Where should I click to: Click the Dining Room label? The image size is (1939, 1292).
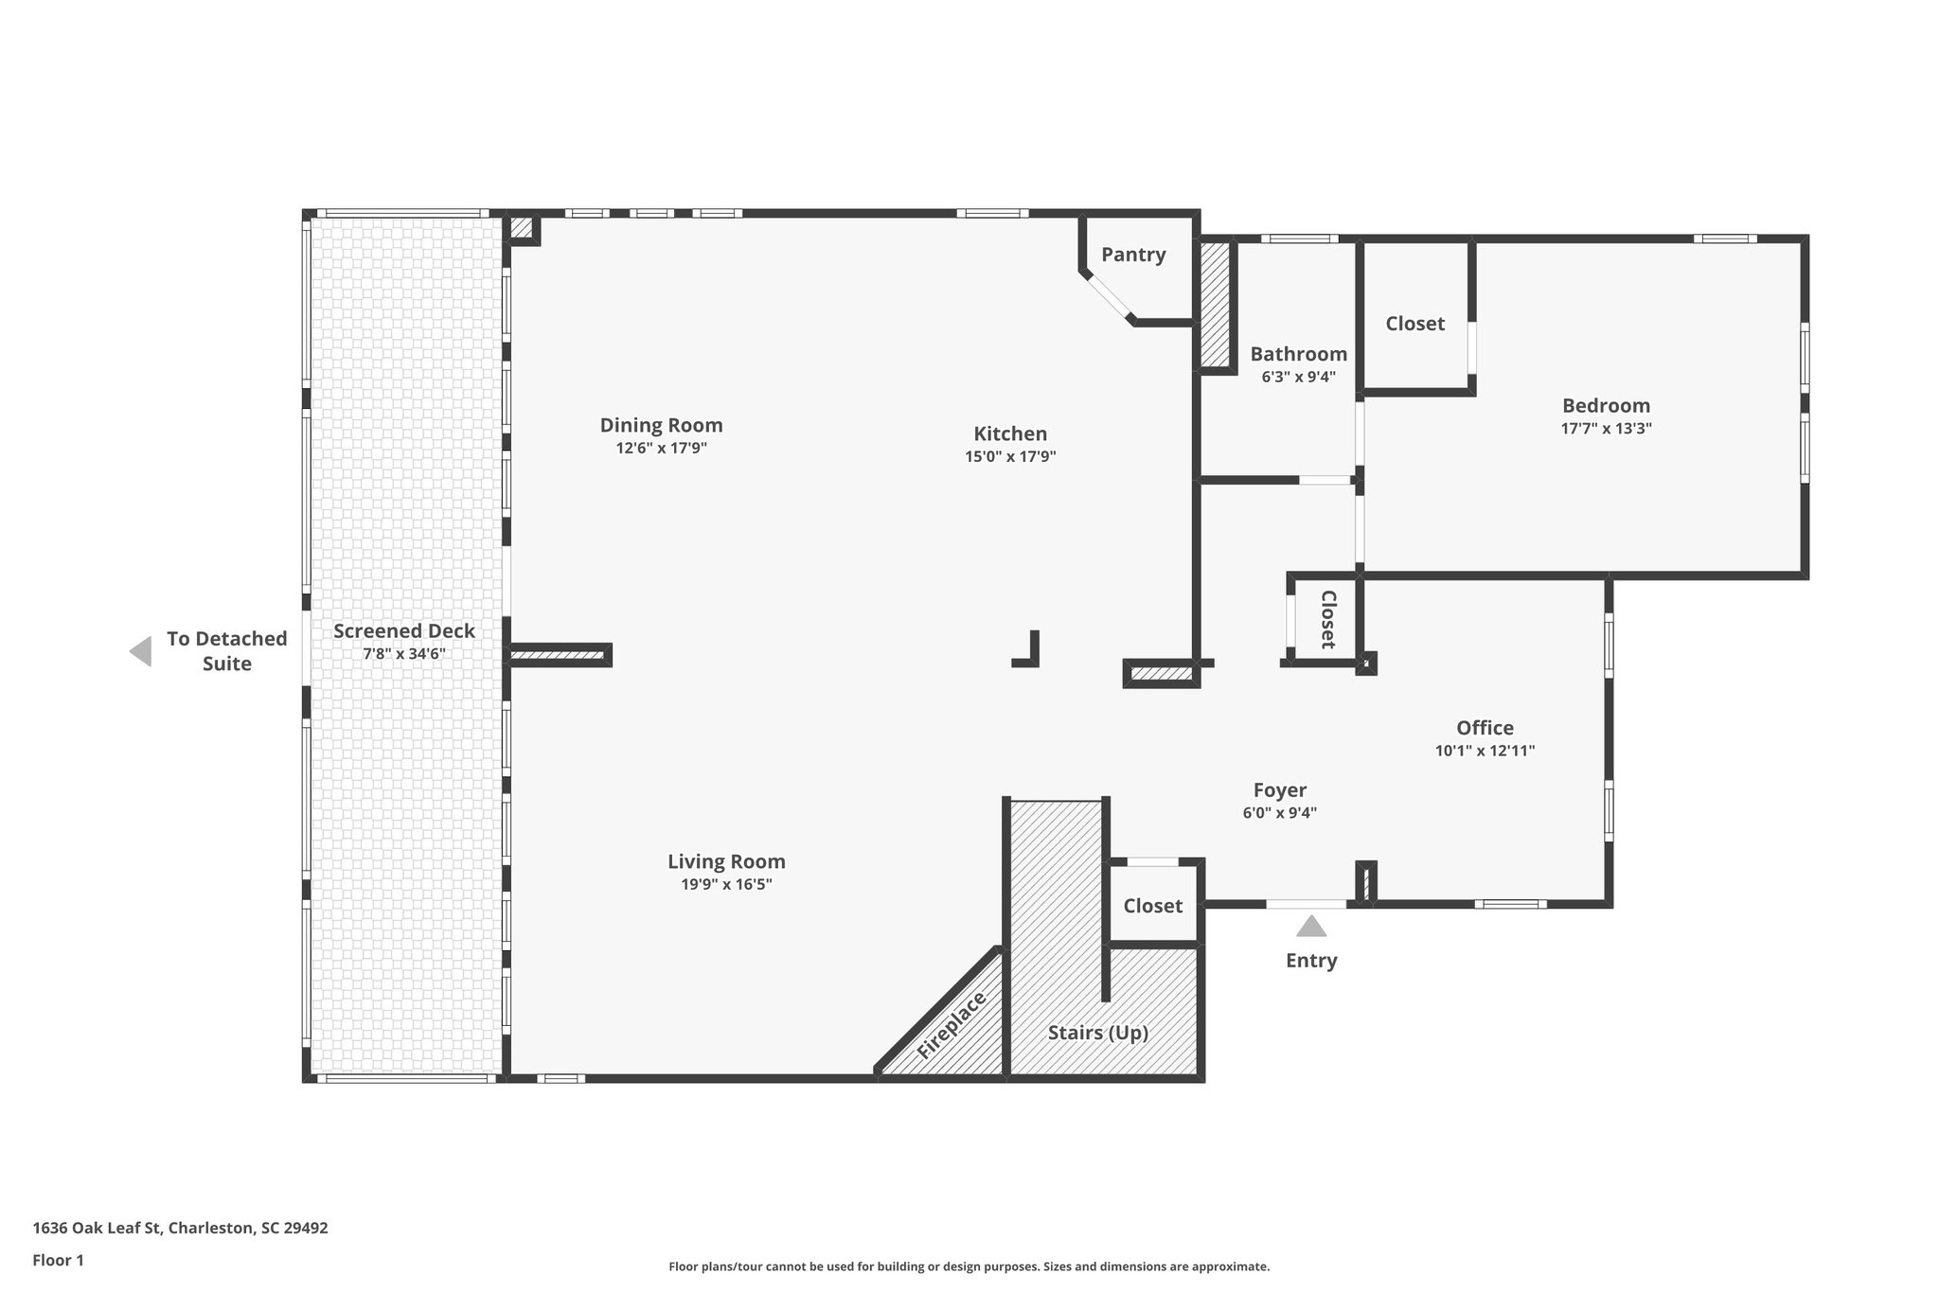[x=661, y=425]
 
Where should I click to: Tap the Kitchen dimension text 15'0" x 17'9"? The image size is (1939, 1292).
[x=1010, y=456]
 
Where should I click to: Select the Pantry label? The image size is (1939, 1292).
[x=1133, y=254]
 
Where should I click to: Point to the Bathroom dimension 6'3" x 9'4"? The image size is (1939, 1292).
[x=1298, y=377]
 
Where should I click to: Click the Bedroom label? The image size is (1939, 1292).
[x=1606, y=405]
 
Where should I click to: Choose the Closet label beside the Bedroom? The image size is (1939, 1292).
[x=1414, y=323]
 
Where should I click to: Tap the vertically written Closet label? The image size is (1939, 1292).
[x=1327, y=619]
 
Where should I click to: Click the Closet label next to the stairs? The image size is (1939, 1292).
[x=1152, y=905]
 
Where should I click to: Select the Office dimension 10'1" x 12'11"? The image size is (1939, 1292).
[x=1485, y=751]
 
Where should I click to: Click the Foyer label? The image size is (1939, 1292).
[x=1279, y=789]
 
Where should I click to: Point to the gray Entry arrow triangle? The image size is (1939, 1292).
[x=1311, y=927]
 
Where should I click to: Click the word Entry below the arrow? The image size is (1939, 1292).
[x=1311, y=960]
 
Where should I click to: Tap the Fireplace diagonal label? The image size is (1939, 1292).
[x=952, y=1025]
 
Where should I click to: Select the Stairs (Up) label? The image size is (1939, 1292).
[x=1097, y=1032]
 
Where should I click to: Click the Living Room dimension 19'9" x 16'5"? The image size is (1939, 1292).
[x=726, y=884]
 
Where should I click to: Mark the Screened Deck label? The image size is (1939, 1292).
[x=403, y=630]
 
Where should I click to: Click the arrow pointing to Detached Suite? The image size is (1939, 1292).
[x=141, y=651]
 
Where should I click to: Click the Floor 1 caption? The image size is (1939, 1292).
[x=58, y=1260]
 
